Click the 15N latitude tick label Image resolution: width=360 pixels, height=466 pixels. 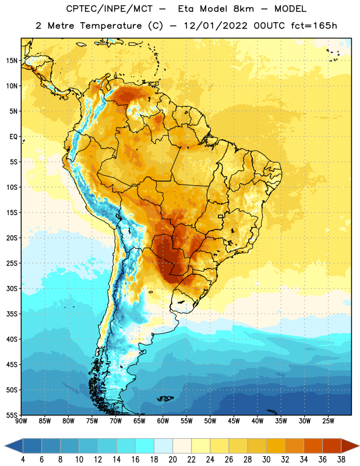click(12, 61)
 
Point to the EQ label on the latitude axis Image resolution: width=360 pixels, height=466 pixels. click(13, 137)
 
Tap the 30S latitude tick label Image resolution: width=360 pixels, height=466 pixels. click(12, 289)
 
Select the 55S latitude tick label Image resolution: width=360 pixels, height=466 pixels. click(12, 415)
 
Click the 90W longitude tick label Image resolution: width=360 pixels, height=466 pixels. click(21, 421)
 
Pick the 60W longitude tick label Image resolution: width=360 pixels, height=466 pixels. click(163, 421)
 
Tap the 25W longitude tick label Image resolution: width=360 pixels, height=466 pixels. click(328, 421)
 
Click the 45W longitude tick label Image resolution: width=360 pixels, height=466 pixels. click(234, 421)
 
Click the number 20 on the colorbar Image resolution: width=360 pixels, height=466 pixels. click(172, 460)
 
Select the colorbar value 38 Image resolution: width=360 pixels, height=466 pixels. click(341, 460)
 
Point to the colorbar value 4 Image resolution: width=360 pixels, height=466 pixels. click(23, 460)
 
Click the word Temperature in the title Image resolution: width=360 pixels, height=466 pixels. click(111, 26)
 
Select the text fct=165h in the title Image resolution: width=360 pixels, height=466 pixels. click(314, 26)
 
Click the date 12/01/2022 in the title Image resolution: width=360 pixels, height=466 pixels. click(216, 26)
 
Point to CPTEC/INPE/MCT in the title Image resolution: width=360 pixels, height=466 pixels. click(109, 9)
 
